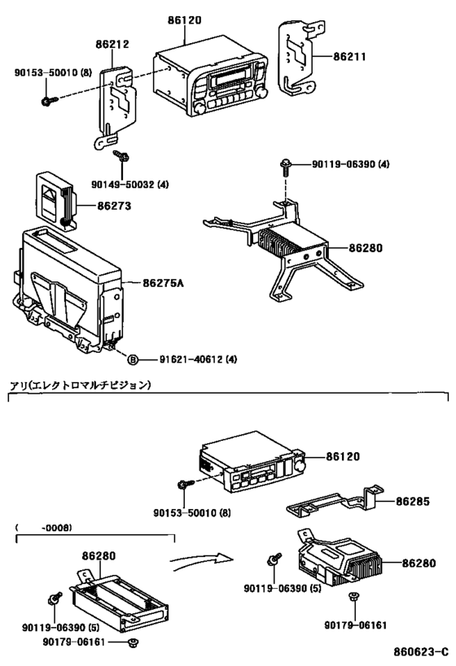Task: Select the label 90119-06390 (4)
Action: pos(350,163)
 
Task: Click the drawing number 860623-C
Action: pos(421,651)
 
